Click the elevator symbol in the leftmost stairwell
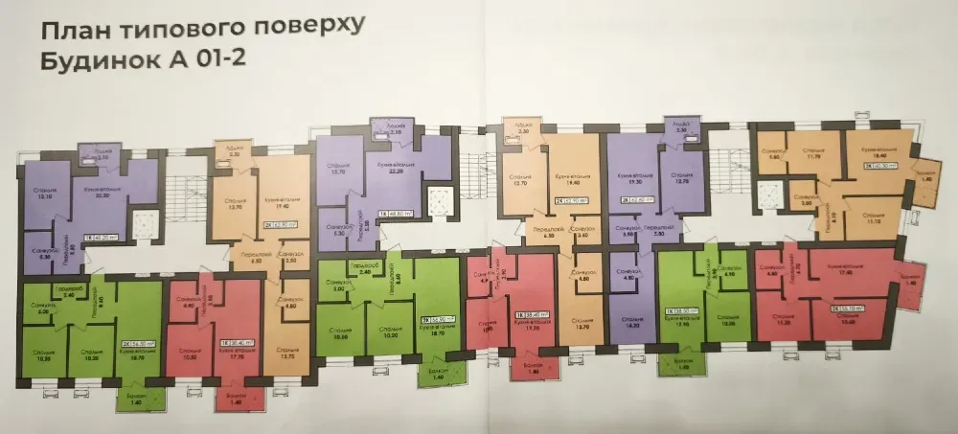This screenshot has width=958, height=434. (142, 227)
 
